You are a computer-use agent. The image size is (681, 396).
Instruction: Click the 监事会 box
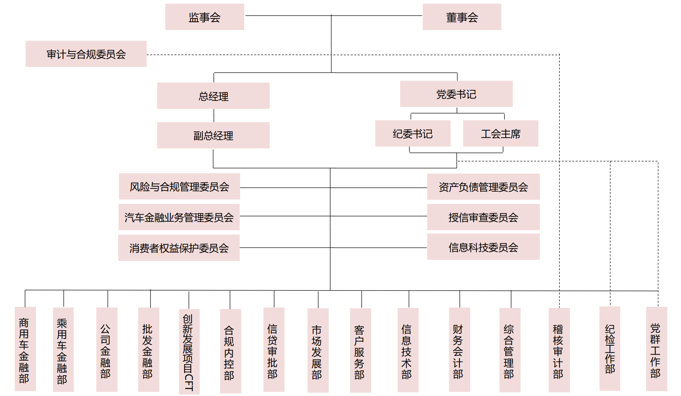pos(205,17)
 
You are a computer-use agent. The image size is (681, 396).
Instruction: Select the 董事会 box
pos(462,17)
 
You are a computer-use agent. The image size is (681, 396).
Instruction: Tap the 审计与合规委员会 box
pos(86,54)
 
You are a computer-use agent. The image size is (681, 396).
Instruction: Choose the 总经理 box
pos(213,96)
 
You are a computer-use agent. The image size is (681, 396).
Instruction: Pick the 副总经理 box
pos(213,135)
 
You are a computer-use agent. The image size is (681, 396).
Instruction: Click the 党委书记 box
pos(456,94)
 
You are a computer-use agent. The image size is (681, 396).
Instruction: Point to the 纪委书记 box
pos(413,134)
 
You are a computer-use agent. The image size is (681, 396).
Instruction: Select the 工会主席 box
pos(501,134)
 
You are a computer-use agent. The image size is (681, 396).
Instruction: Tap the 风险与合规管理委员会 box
pos(179,187)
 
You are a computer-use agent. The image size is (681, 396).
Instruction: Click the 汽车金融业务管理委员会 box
pos(179,217)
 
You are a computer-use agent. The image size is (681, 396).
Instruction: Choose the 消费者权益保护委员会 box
pos(179,248)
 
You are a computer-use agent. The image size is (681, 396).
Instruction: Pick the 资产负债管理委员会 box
pos(483,187)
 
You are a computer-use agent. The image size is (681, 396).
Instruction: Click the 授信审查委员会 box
pos(483,217)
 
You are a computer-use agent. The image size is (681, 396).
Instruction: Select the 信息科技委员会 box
pos(483,247)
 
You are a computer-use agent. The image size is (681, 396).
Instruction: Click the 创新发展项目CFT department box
pos(189,352)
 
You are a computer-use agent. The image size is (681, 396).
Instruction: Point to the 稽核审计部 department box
pos(559,350)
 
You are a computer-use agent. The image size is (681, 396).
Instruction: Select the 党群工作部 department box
pos(656,349)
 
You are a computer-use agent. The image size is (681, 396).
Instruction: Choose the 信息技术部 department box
pos(408,350)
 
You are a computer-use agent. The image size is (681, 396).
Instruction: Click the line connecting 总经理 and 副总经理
pos(214,115)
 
